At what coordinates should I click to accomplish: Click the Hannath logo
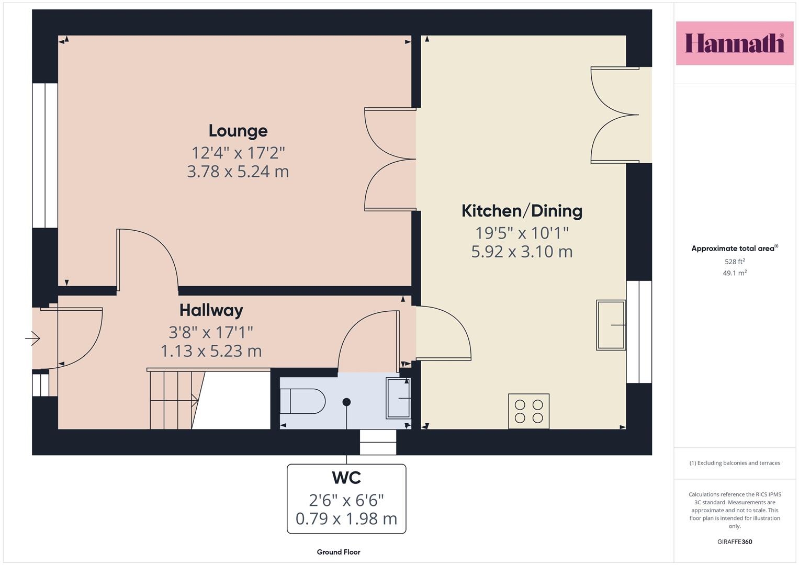(x=735, y=43)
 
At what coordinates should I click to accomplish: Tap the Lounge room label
(x=238, y=131)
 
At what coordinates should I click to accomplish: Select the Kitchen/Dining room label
(x=522, y=211)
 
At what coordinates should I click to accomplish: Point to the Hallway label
(x=211, y=310)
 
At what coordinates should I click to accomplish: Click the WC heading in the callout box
(x=346, y=478)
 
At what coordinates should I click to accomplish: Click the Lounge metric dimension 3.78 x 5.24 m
(x=238, y=172)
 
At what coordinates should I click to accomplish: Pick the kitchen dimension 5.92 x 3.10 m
(x=522, y=252)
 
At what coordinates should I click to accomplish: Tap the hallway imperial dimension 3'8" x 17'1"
(x=211, y=332)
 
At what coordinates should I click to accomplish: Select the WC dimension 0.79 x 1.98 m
(x=346, y=518)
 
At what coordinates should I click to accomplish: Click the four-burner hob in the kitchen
(x=528, y=411)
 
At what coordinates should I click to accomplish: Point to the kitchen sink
(x=611, y=325)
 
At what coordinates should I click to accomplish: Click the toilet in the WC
(x=302, y=401)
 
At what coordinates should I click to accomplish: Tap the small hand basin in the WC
(x=398, y=398)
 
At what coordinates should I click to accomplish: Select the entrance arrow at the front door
(x=32, y=338)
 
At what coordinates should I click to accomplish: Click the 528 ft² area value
(x=735, y=262)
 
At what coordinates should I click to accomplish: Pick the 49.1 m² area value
(x=735, y=273)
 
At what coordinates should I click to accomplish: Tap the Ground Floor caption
(x=339, y=552)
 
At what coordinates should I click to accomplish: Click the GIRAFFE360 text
(x=735, y=541)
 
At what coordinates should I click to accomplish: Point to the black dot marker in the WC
(x=346, y=402)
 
